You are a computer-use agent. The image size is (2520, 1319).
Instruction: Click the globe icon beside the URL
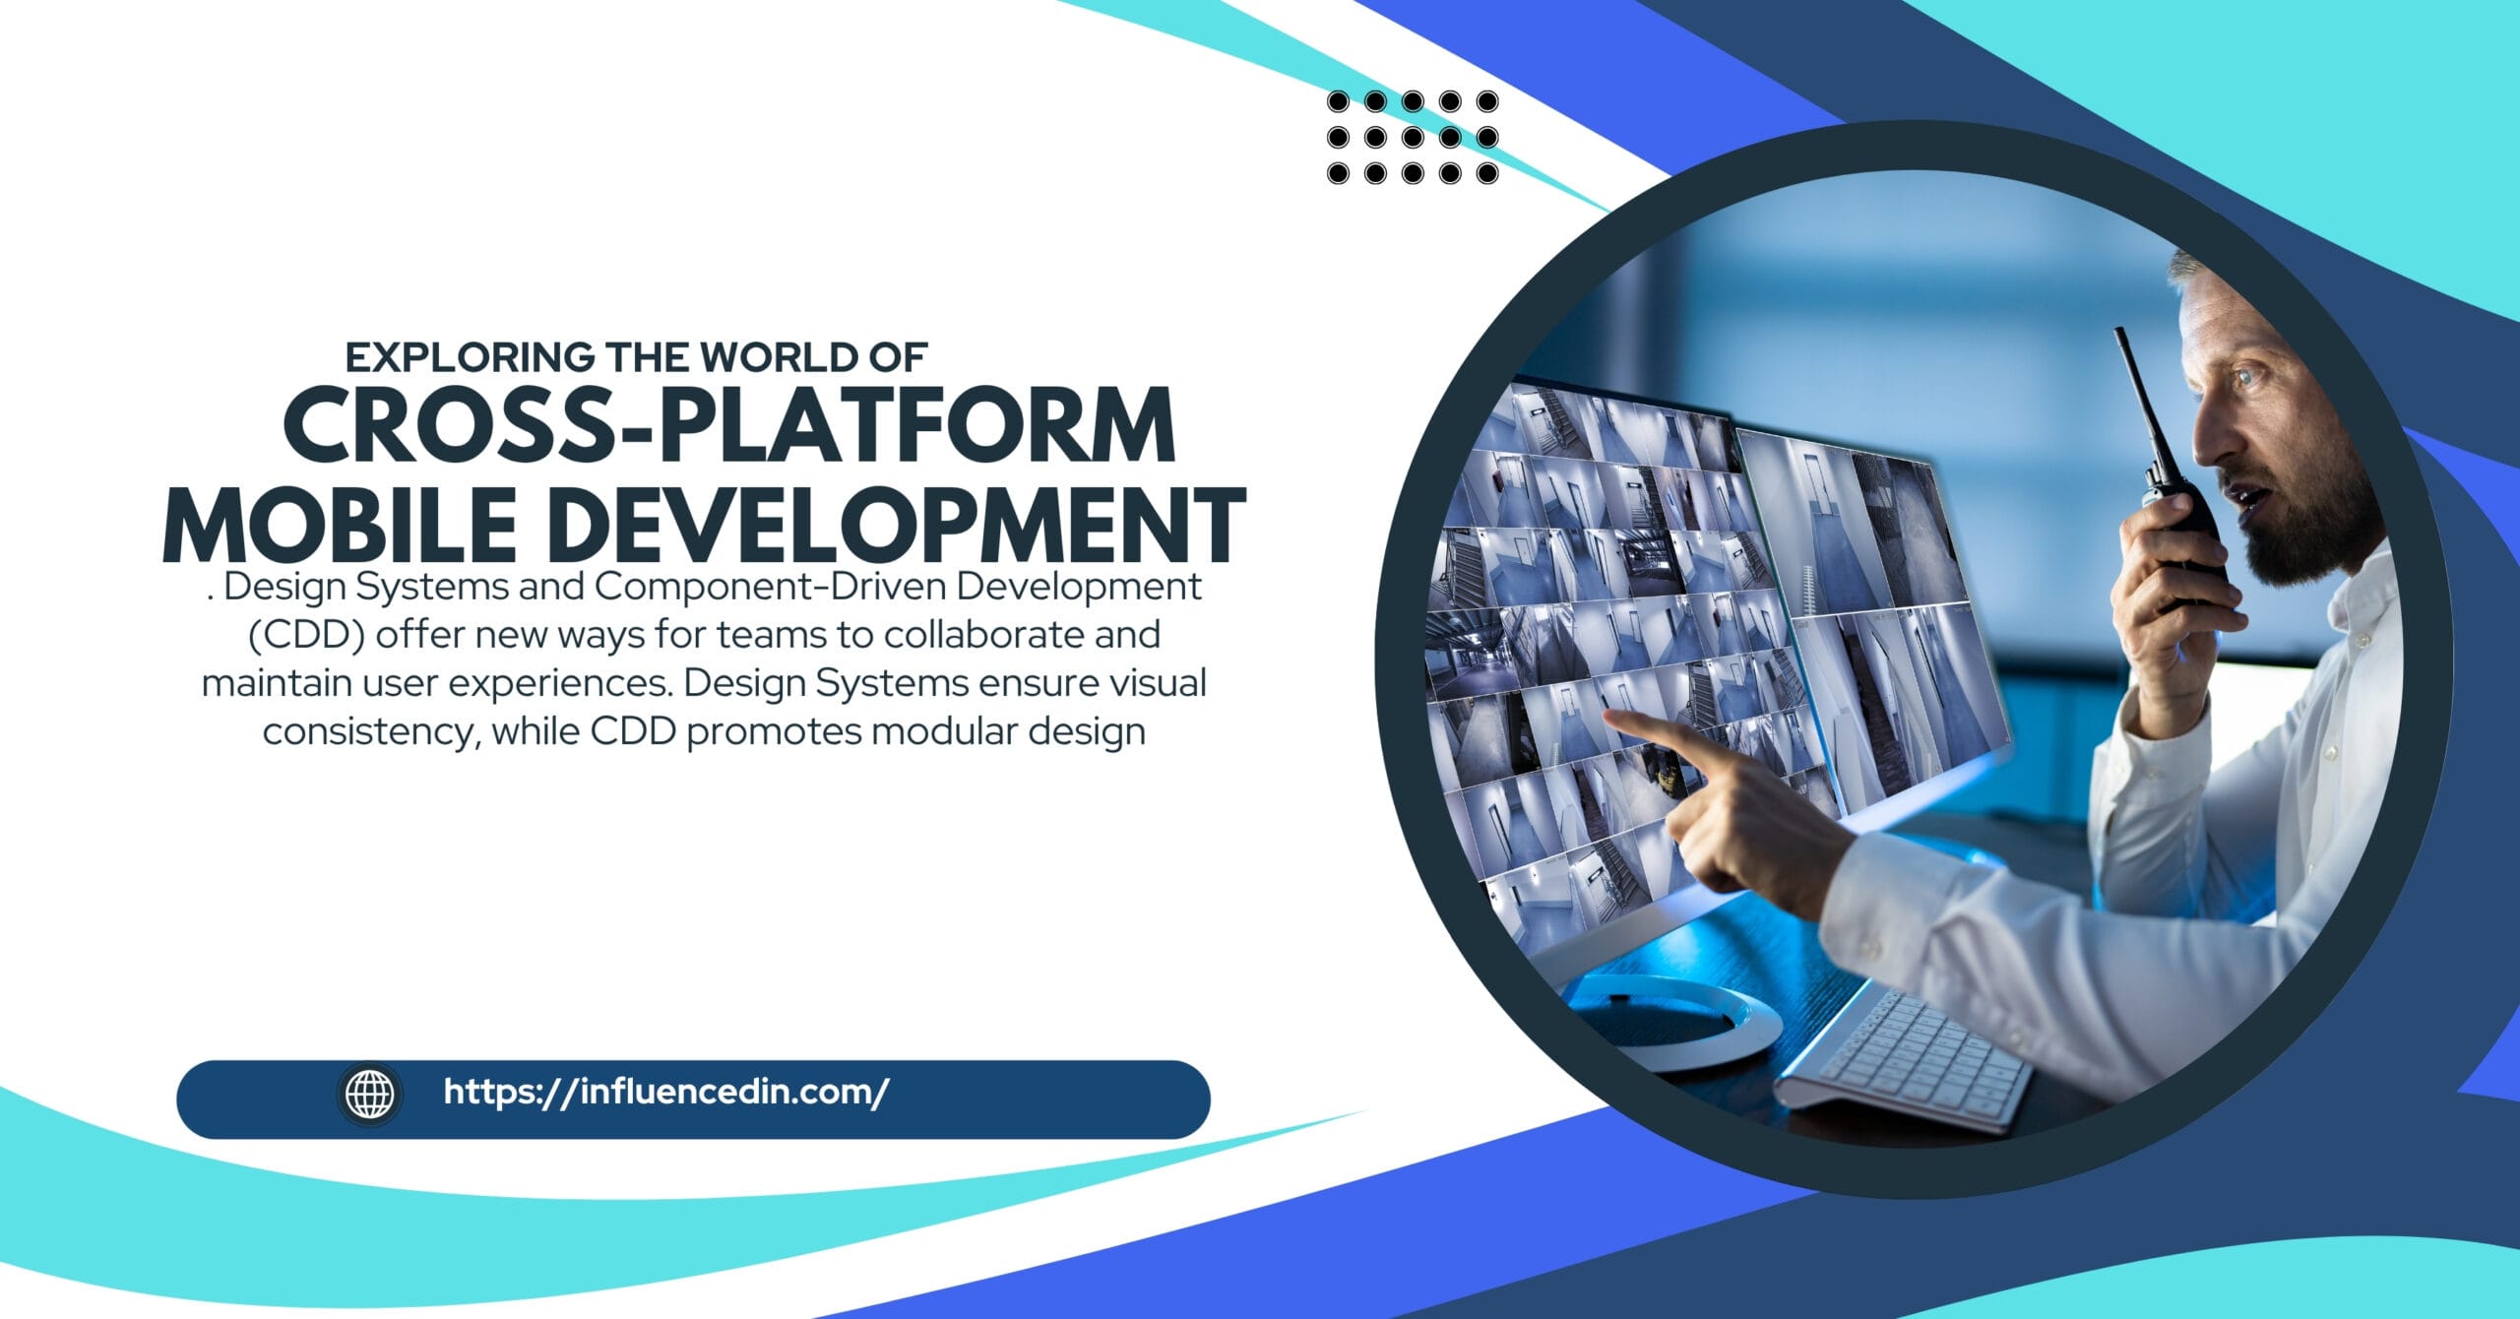[369, 1094]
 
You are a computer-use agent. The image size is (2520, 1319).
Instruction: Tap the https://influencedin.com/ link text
[666, 1093]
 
